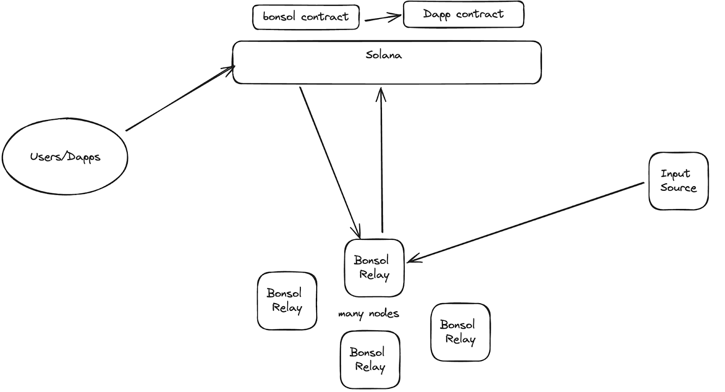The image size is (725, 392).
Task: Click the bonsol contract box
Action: point(306,17)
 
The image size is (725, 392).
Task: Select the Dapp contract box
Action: point(463,15)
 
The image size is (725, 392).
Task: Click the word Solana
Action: point(383,55)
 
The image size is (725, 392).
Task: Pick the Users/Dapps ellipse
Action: point(65,157)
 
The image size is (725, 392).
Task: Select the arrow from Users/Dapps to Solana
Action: point(180,99)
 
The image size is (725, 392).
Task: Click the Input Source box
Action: point(678,181)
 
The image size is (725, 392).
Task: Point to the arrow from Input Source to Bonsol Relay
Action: point(526,222)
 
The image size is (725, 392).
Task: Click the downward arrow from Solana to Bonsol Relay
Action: point(329,161)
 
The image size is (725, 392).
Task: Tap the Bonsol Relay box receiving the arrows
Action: point(374,268)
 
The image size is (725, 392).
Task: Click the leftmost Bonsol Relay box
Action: point(286,300)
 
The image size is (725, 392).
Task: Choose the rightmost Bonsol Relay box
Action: point(460,332)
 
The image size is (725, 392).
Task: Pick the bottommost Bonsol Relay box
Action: point(370,360)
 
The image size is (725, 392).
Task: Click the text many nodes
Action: point(368,314)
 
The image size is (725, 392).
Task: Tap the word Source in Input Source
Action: point(678,188)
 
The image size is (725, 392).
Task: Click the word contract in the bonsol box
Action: point(324,17)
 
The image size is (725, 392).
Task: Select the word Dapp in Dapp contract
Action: point(437,15)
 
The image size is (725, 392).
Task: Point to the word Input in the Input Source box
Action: point(675,174)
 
